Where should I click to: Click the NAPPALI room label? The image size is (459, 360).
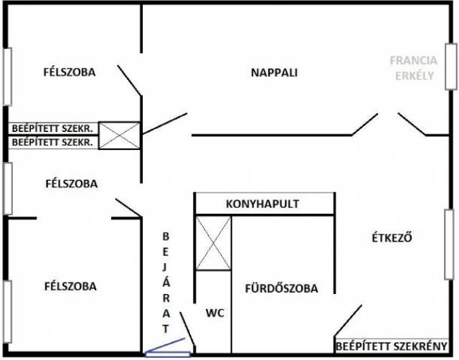(x=274, y=72)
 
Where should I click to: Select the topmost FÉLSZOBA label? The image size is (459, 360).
(x=70, y=72)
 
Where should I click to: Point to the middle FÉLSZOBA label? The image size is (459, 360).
(x=70, y=184)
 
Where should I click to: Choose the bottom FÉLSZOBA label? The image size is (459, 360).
(x=70, y=286)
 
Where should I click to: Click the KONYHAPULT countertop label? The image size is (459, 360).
(x=262, y=204)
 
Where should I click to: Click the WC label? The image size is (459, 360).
(x=214, y=313)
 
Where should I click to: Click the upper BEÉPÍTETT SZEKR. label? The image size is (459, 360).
(x=52, y=128)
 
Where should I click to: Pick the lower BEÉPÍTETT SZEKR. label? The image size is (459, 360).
(x=52, y=142)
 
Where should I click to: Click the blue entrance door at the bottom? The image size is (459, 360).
(x=167, y=351)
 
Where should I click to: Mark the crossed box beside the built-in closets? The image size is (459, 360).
(x=118, y=135)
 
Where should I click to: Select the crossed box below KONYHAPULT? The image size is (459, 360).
(x=214, y=243)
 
